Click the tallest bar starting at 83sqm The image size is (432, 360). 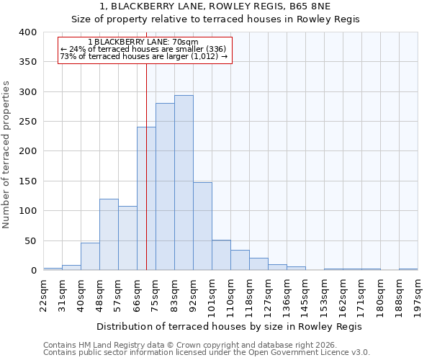[184, 183]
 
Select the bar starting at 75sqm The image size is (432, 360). [165, 186]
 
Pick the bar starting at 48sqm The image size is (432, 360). [109, 235]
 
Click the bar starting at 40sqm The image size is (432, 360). [90, 256]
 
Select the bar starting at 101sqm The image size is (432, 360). [221, 255]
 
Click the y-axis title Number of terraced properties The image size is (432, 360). [7, 154]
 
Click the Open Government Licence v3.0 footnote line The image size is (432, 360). [207, 353]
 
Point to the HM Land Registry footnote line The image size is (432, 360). [207, 345]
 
